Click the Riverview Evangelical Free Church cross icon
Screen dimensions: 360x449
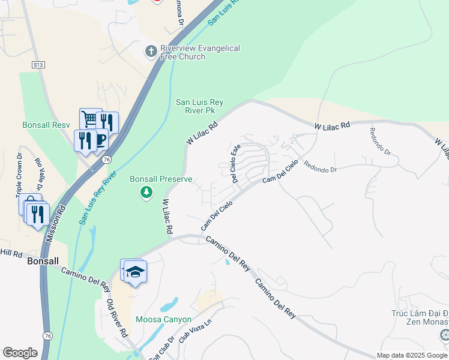(151, 53)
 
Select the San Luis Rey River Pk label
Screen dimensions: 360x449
(199, 107)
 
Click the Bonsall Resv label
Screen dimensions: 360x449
(46, 125)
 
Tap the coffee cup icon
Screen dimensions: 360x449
(100, 139)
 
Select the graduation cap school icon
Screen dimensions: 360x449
(136, 272)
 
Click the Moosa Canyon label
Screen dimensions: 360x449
(163, 319)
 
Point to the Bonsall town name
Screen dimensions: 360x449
(43, 262)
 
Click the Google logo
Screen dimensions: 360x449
(20, 353)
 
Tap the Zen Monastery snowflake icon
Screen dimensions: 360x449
(444, 334)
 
